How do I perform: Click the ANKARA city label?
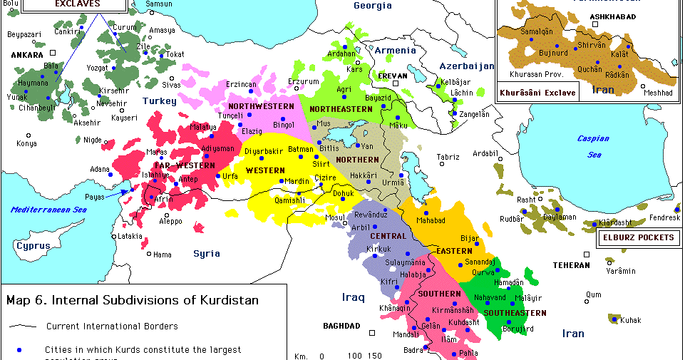(x=26, y=54)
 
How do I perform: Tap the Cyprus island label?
(x=34, y=246)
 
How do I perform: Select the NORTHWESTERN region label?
(x=261, y=106)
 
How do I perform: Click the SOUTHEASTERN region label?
(x=515, y=313)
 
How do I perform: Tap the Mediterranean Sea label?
(x=48, y=210)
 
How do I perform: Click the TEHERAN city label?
(x=572, y=265)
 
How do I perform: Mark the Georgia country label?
(x=373, y=6)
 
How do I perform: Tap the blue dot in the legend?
(x=20, y=350)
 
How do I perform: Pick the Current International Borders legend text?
(x=112, y=326)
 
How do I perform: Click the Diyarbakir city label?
(x=264, y=151)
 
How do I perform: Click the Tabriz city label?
(x=448, y=157)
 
